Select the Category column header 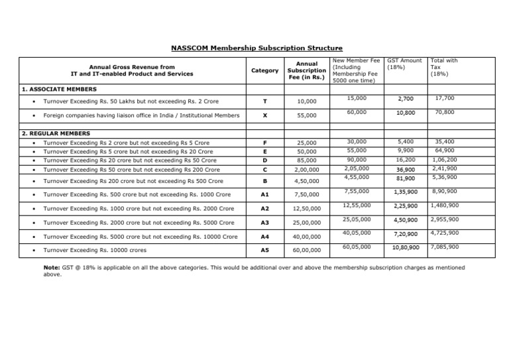[x=265, y=70]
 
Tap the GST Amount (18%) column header [x=404, y=64]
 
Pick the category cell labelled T [x=265, y=101]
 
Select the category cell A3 [x=265, y=221]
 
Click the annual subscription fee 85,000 [x=306, y=160]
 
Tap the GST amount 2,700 [x=406, y=99]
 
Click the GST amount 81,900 [x=406, y=178]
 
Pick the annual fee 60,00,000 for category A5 [x=306, y=250]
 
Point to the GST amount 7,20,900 [x=406, y=234]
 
